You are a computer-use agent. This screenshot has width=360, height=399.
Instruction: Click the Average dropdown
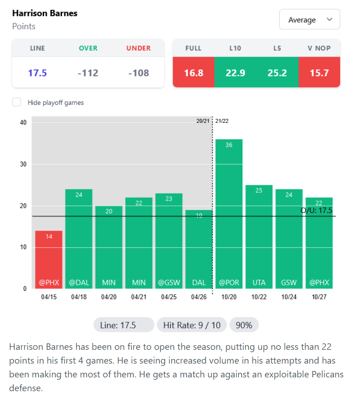[x=309, y=20]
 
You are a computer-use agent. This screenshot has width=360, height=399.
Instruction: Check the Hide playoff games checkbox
[x=17, y=102]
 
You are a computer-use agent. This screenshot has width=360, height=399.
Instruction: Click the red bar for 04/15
[x=49, y=259]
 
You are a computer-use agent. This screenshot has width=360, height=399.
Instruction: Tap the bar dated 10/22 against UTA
[x=259, y=237]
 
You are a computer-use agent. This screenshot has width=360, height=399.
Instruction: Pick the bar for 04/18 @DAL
[x=79, y=239]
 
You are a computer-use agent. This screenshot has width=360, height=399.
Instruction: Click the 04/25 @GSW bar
[x=169, y=241]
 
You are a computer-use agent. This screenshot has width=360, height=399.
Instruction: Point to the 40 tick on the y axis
[x=23, y=122]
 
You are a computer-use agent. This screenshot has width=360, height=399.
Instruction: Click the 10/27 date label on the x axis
[x=319, y=297]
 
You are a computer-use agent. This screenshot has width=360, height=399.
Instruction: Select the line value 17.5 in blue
[x=38, y=73]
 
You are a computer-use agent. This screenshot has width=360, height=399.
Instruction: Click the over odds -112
[x=88, y=73]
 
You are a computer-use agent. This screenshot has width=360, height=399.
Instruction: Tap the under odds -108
[x=138, y=73]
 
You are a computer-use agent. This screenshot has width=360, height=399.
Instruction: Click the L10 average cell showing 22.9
[x=235, y=73]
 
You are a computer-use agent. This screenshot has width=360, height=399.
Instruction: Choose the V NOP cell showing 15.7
[x=319, y=73]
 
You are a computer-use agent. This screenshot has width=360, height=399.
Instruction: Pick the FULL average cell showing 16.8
[x=193, y=73]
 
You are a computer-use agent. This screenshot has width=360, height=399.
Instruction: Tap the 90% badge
[x=244, y=325]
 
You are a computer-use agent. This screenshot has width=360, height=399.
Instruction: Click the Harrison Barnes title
[x=45, y=13]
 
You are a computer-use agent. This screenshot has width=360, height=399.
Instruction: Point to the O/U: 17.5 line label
[x=316, y=210]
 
